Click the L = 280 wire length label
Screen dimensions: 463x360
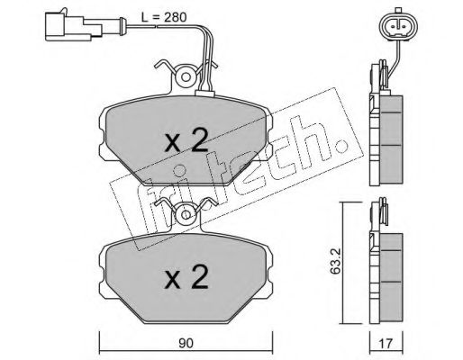click(164, 17)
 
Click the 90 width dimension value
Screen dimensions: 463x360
click(186, 343)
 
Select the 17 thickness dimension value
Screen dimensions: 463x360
click(386, 343)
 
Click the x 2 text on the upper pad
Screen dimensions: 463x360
click(186, 139)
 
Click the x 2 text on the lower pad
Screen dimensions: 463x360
click(186, 277)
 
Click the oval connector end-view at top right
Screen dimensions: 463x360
click(399, 25)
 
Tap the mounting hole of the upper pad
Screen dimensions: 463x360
click(186, 77)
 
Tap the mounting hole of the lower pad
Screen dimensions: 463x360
click(186, 215)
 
